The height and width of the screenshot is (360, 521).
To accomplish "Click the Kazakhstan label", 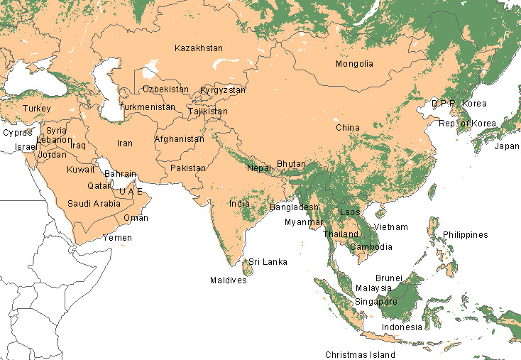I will (x=199, y=48).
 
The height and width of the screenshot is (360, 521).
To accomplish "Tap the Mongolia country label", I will (x=354, y=64).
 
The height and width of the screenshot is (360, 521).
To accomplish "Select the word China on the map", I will (x=348, y=128).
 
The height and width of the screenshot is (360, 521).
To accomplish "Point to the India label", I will (x=239, y=203).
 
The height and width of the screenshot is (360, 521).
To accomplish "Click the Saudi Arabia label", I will (x=94, y=204).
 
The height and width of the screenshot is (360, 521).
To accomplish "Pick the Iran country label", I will (x=125, y=143).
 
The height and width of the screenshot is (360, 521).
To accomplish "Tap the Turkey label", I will (x=36, y=108).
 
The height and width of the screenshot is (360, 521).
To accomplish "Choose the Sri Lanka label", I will (x=268, y=262).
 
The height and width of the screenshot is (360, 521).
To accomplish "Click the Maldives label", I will (x=229, y=280).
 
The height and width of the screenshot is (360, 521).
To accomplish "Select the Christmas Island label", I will (x=360, y=354).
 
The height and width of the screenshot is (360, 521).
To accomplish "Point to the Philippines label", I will (x=466, y=235).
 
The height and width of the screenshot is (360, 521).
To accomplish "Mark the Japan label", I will (x=507, y=146).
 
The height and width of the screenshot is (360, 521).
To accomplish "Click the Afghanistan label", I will (x=179, y=139).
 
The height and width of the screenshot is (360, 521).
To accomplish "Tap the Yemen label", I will (x=117, y=238).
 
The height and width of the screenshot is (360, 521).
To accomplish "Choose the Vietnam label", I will (x=391, y=227).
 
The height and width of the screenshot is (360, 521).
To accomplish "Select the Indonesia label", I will (x=402, y=327).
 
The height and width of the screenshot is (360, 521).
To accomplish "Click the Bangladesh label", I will (x=294, y=207).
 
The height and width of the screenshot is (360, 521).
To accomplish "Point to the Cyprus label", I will (x=18, y=133).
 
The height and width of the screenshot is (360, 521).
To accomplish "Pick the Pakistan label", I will (x=187, y=168).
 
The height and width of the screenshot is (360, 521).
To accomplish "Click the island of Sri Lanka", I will (x=248, y=267).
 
